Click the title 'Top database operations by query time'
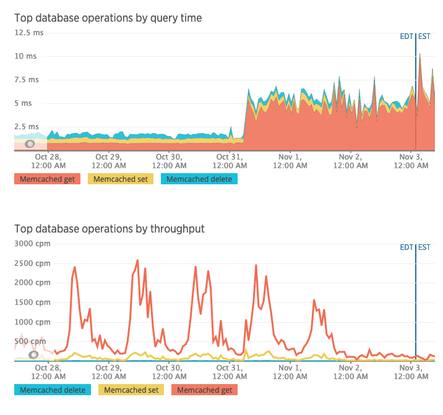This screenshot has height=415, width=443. [x=108, y=18]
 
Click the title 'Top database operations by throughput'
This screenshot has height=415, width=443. [x=110, y=229]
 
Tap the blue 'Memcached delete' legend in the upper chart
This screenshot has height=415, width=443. [x=199, y=179]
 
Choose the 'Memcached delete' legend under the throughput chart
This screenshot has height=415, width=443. [x=53, y=390]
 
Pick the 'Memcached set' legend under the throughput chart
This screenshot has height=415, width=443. [x=131, y=390]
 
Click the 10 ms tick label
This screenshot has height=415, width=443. [x=25, y=56]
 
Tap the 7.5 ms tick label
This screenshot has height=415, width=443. [x=27, y=79]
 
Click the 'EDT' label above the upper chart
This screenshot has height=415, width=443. [x=406, y=36]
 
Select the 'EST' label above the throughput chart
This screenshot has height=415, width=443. [x=424, y=247]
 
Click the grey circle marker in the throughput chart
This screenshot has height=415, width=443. [x=34, y=354]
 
